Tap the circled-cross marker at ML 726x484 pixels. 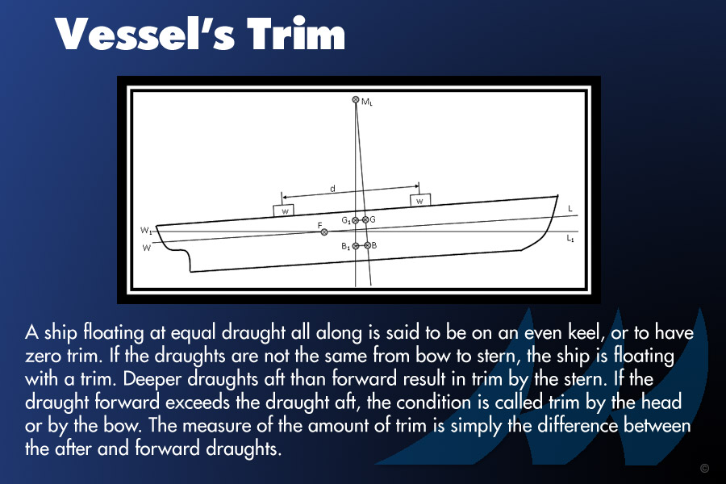click(x=356, y=99)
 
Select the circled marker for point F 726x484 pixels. click(x=324, y=232)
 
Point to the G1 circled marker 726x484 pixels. click(x=355, y=220)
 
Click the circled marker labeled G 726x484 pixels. click(x=365, y=219)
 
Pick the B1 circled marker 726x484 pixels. click(x=356, y=246)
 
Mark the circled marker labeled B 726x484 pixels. click(x=367, y=245)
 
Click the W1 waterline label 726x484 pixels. click(x=146, y=231)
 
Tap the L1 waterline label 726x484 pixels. click(x=570, y=239)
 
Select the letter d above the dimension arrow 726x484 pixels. click(x=332, y=189)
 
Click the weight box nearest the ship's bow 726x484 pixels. click(x=420, y=200)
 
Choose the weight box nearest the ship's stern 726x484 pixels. click(x=283, y=211)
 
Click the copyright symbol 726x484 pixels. click(x=705, y=468)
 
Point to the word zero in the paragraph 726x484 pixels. click(x=43, y=356)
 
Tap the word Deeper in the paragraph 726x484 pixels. click(x=152, y=380)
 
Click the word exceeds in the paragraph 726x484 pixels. click(x=198, y=402)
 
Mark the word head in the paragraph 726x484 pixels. click(x=661, y=402)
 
